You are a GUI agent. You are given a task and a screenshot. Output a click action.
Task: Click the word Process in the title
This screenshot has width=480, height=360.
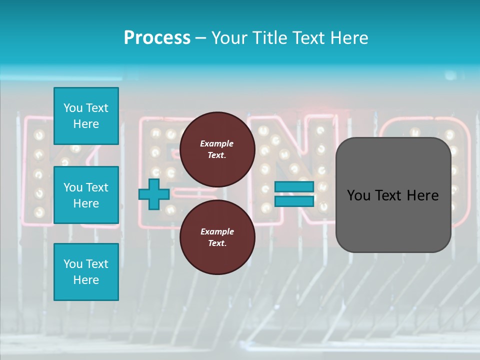click(x=157, y=38)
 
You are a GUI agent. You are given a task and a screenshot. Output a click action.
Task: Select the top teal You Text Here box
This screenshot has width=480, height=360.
click(x=86, y=116)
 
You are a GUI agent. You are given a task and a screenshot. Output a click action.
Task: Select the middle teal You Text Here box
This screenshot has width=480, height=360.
click(x=86, y=195)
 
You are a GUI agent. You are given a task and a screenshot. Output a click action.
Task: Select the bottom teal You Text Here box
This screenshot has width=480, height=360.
click(x=86, y=271)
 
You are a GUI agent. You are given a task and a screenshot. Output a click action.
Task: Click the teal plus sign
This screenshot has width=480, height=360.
click(x=154, y=194)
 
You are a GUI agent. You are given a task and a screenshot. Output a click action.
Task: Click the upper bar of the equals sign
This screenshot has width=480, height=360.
click(x=294, y=186)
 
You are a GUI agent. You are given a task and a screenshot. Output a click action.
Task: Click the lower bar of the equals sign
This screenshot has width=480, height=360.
click(x=294, y=201)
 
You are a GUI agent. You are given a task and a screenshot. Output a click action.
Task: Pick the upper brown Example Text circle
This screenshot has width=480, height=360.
click(x=217, y=149)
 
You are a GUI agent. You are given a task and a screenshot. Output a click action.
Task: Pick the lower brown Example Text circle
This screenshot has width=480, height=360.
click(x=217, y=237)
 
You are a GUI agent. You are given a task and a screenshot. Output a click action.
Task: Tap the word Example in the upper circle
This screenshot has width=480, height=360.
click(x=217, y=143)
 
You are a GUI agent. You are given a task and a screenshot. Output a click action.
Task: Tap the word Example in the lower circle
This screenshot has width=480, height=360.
click(x=217, y=231)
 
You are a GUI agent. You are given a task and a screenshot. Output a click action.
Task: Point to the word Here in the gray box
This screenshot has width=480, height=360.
click(x=422, y=195)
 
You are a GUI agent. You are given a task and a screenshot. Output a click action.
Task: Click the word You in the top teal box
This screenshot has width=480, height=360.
click(x=73, y=108)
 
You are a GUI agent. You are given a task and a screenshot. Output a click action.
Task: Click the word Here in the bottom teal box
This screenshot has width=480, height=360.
click(x=86, y=280)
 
